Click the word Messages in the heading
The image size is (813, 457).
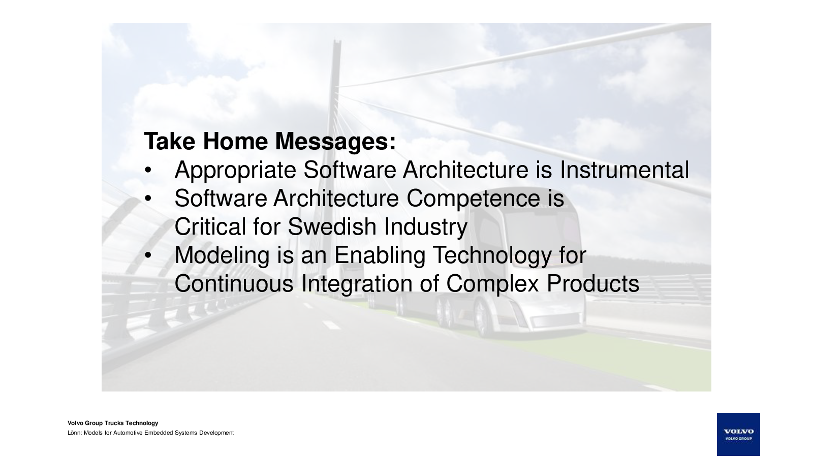pos(335,141)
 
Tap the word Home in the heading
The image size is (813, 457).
pos(235,141)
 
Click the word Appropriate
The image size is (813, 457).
pos(235,171)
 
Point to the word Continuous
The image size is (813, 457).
pos(234,283)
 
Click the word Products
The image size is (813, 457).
pos(592,283)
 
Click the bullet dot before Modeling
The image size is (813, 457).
pos(148,255)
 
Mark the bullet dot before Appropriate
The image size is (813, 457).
pos(148,170)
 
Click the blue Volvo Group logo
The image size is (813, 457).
pos(738,434)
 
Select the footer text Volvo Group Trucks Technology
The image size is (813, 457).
pos(113,423)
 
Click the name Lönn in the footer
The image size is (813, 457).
pos(74,433)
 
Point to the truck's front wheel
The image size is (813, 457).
pos(482,317)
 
